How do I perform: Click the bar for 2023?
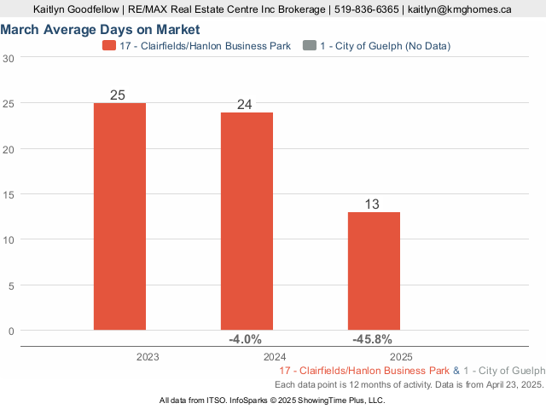[x=119, y=216]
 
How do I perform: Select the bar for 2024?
[x=247, y=221]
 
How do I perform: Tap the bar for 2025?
[x=375, y=271]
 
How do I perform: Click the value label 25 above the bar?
[x=119, y=95]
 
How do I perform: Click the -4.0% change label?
[x=245, y=339]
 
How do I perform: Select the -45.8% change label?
[x=372, y=339]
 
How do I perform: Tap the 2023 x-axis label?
[x=148, y=357]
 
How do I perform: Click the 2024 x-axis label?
[x=275, y=357]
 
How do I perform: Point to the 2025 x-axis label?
[x=402, y=357]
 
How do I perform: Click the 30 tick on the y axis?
[x=9, y=58]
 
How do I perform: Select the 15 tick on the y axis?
[x=9, y=194]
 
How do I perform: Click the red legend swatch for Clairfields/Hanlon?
[x=108, y=45]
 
